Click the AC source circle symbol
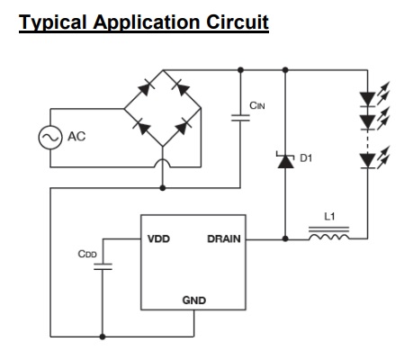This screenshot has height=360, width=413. tap(50, 138)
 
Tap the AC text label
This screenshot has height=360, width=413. tap(76, 137)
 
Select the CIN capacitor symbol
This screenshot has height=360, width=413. tap(240, 118)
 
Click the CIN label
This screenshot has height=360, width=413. tap(257, 105)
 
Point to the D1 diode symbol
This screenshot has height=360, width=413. tap(285, 160)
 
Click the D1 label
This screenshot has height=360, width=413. tap(306, 157)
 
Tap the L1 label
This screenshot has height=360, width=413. tap(329, 216)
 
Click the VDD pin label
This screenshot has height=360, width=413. tap(158, 238)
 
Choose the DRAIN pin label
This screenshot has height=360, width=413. tap(224, 238)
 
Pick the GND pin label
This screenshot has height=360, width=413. tap(194, 301)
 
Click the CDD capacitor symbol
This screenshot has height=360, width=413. tap(103, 266)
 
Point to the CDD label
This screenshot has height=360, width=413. tap(87, 254)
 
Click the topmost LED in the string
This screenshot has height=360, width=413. tap(372, 96)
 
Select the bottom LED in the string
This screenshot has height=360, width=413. tap(372, 159)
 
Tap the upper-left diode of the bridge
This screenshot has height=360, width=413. tap(146, 88)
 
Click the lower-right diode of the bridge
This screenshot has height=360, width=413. tap(183, 128)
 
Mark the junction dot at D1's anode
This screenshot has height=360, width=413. tap(285, 238)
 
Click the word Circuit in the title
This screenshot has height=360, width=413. tap(238, 22)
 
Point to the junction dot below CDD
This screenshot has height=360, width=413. tap(103, 337)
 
